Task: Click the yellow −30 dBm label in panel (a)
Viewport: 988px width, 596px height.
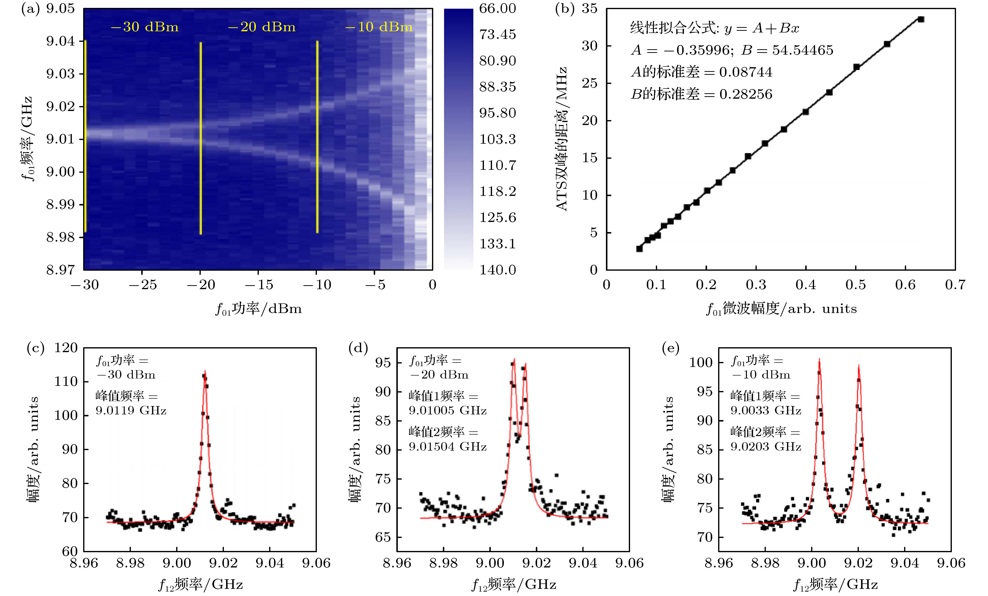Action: point(144,27)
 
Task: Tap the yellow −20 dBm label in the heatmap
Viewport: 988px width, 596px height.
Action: point(262,27)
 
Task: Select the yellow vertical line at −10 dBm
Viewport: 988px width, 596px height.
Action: point(317,136)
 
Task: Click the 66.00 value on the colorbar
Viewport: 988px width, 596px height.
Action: point(497,8)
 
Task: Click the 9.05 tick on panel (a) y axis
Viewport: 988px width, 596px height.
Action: point(60,8)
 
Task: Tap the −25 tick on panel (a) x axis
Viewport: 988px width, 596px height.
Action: point(142,285)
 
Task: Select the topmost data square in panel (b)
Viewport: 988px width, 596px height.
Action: point(921,19)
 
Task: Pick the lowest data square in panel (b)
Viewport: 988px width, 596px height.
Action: point(640,249)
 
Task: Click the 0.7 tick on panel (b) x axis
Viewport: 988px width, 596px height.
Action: point(955,285)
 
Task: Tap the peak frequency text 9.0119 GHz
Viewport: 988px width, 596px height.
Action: point(131,410)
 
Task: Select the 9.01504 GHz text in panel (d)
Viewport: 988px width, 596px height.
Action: point(448,446)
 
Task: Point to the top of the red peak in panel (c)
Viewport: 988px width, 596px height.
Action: point(205,371)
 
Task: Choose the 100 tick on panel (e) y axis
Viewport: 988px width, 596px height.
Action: point(701,362)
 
